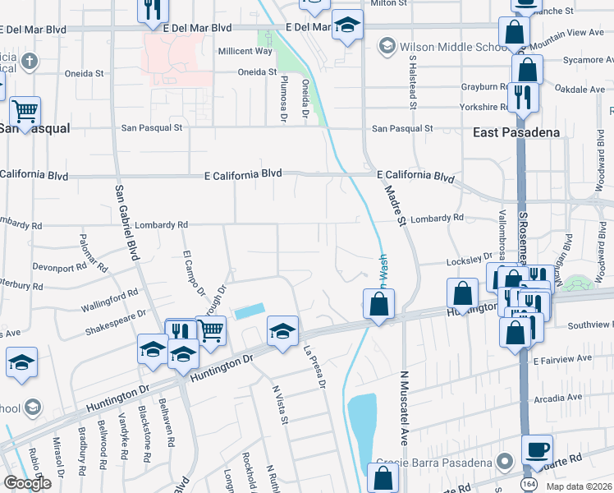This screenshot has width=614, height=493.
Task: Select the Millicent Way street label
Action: pos(245,51)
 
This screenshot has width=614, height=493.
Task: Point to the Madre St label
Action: pos(395,206)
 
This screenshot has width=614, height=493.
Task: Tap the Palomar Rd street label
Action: pos(93,252)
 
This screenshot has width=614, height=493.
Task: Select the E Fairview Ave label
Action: pos(562,360)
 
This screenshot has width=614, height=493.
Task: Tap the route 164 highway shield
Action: pos(526,485)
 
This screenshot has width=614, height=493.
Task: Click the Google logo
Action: pos(27,483)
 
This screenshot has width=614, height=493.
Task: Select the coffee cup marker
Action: pos(537,449)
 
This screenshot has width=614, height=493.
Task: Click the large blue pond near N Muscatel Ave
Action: pos(362,427)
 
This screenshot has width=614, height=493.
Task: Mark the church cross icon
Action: pos(29,61)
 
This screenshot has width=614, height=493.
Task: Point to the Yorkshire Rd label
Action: pos(484,107)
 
